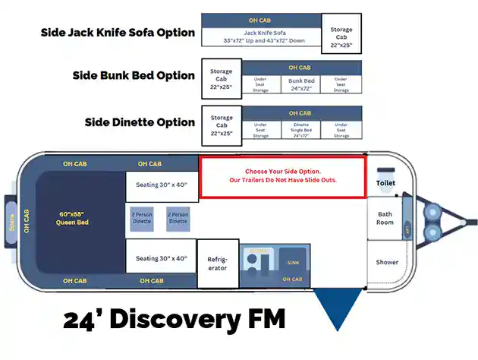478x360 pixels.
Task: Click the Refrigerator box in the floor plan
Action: [x=218, y=263]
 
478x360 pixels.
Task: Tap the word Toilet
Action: [x=386, y=183]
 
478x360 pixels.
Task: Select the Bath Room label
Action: [x=386, y=218]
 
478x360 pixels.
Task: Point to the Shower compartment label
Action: [x=387, y=262]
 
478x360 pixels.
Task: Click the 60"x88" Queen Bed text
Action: [x=73, y=218]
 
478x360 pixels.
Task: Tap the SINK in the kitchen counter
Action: [x=293, y=263]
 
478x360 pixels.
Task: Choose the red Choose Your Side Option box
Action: [x=282, y=176]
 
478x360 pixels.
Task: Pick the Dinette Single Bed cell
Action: [x=300, y=130]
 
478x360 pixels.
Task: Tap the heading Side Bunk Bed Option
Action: [x=134, y=75]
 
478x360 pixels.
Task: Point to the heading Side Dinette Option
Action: [x=140, y=122]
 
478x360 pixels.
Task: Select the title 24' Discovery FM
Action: [x=174, y=320]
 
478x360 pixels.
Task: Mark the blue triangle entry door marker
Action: [x=337, y=309]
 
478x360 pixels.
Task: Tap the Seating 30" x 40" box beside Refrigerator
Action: [x=161, y=258]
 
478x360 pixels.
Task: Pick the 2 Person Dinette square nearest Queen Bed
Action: [x=142, y=218]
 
